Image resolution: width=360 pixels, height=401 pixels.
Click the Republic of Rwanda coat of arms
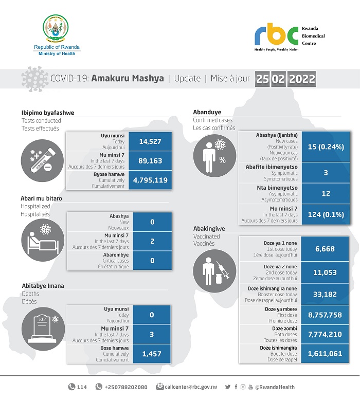click(57, 30)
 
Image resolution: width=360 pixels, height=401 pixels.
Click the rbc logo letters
click(276, 34)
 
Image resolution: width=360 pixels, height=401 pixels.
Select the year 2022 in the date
click(302, 80)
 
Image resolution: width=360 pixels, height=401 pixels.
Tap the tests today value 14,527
click(150, 141)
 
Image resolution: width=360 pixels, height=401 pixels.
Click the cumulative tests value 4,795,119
click(150, 180)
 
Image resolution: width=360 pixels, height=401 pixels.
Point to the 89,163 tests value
click(150, 161)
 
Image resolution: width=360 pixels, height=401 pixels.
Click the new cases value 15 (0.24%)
click(326, 146)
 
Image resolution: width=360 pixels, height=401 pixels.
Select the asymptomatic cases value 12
click(326, 193)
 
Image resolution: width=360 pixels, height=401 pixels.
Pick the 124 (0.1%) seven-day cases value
click(326, 214)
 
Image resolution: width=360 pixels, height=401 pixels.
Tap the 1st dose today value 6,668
click(326, 249)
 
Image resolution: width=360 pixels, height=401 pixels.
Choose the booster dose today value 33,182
click(326, 294)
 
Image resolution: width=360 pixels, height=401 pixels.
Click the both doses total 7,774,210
click(326, 334)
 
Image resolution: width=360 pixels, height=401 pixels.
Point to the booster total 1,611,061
click(326, 354)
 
